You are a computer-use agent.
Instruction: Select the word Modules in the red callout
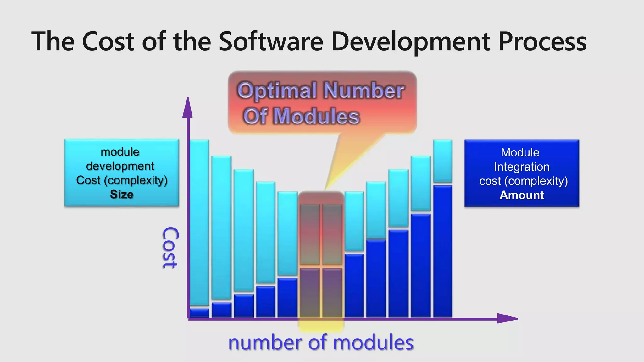pyautogui.click(x=316, y=116)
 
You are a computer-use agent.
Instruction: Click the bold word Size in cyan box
pyautogui.click(x=122, y=195)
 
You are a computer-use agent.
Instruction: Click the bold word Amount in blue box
pyautogui.click(x=522, y=195)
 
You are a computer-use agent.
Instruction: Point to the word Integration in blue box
pyautogui.click(x=522, y=167)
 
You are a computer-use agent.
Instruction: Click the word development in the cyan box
pyautogui.click(x=120, y=166)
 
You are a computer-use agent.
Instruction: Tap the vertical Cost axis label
pyautogui.click(x=170, y=248)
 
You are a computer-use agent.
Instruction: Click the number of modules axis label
pyautogui.click(x=321, y=343)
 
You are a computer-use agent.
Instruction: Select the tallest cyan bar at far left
pyautogui.click(x=199, y=222)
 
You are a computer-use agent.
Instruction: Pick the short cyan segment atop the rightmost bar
pyautogui.click(x=443, y=161)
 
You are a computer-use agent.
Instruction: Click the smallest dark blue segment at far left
pyautogui.click(x=199, y=313)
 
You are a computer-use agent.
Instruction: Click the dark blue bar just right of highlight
pyautogui.click(x=354, y=285)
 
